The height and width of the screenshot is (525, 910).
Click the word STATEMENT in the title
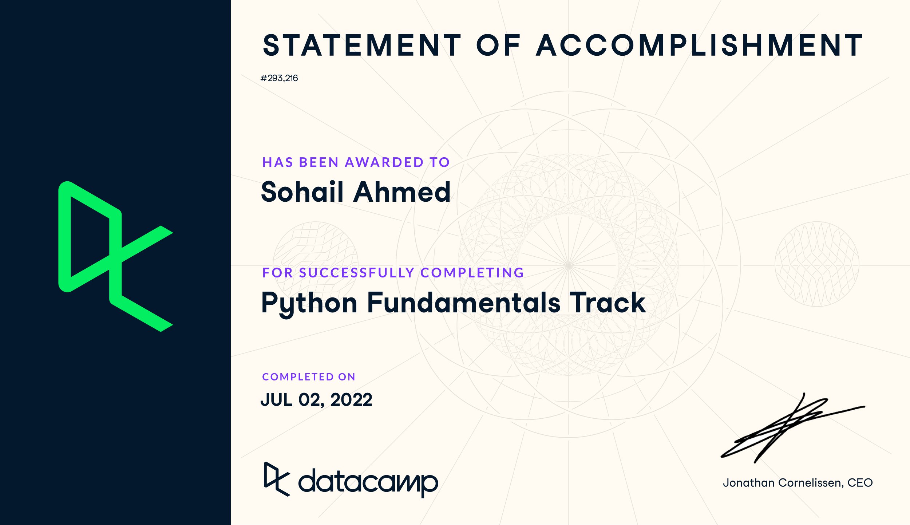point(362,46)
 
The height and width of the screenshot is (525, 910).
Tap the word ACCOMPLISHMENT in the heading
point(699,46)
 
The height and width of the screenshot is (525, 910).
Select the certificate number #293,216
point(279,78)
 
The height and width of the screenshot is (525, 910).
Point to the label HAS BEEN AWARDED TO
point(356,162)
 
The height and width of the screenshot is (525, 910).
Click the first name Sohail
point(302,192)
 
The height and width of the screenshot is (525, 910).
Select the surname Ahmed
point(402,192)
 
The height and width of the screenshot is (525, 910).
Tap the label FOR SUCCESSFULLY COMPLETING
point(393,273)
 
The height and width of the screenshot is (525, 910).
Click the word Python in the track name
point(309,303)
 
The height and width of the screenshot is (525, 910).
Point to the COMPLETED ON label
point(309,377)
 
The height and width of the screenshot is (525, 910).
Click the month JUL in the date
point(277,400)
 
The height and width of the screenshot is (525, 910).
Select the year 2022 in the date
point(351,400)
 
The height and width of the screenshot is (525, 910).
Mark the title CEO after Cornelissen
point(860,483)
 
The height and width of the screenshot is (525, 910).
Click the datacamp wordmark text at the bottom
point(368,482)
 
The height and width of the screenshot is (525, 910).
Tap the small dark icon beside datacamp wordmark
point(277,479)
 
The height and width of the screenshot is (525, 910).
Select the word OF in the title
point(499,46)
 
